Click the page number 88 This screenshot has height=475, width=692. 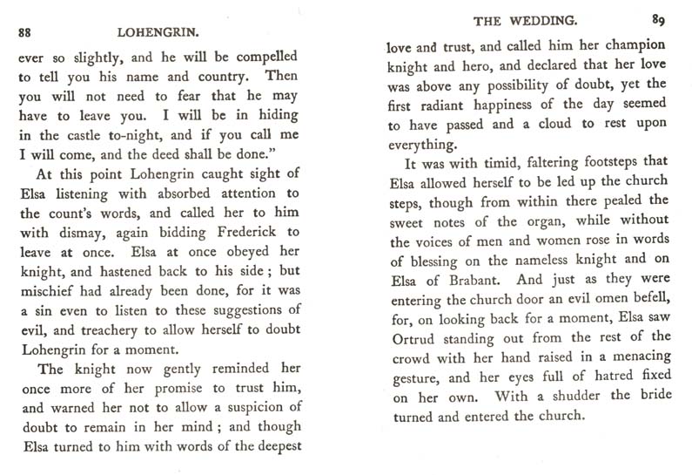pos(24,32)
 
